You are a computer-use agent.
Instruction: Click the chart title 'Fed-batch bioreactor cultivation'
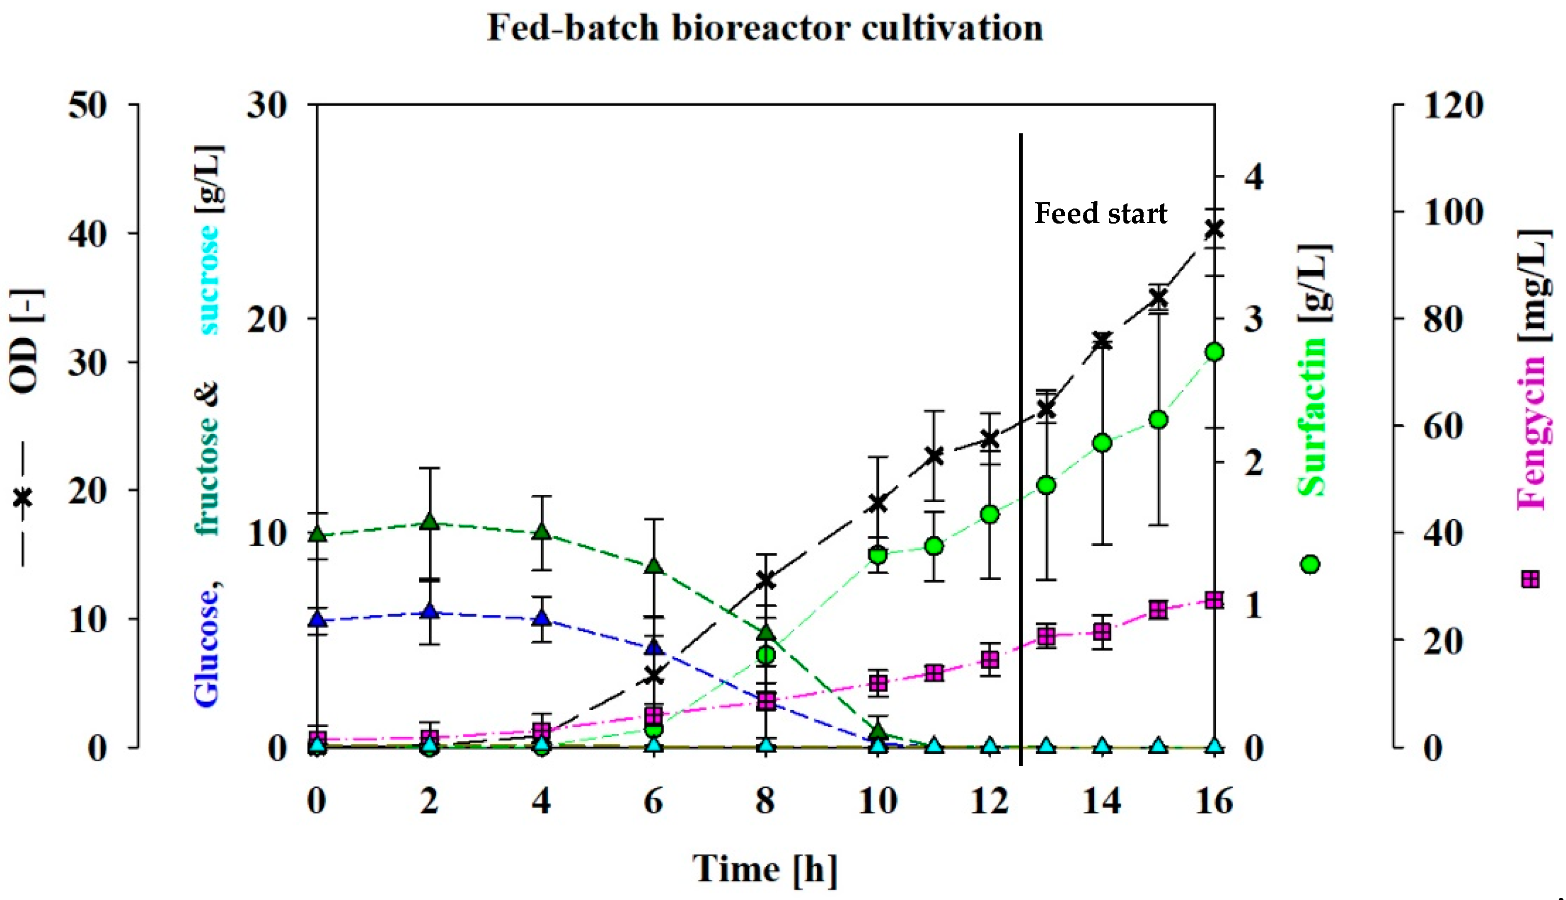[x=765, y=29]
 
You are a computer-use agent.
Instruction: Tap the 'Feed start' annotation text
[x=1101, y=214]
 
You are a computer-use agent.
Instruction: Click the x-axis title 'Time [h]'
[x=765, y=869]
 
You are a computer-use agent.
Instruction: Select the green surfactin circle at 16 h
[x=1214, y=352]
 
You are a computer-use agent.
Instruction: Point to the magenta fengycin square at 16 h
[x=1214, y=600]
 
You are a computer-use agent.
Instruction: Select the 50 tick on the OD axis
[x=87, y=106]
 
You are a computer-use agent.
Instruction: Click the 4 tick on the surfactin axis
[x=1254, y=177]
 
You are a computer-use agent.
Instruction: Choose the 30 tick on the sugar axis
[x=267, y=106]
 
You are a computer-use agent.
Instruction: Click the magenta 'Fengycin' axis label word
[x=1532, y=433]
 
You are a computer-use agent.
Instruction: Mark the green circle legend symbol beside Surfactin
[x=1310, y=564]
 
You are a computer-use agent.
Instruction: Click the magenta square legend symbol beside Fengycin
[x=1530, y=580]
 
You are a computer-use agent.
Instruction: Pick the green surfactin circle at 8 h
[x=766, y=655]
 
